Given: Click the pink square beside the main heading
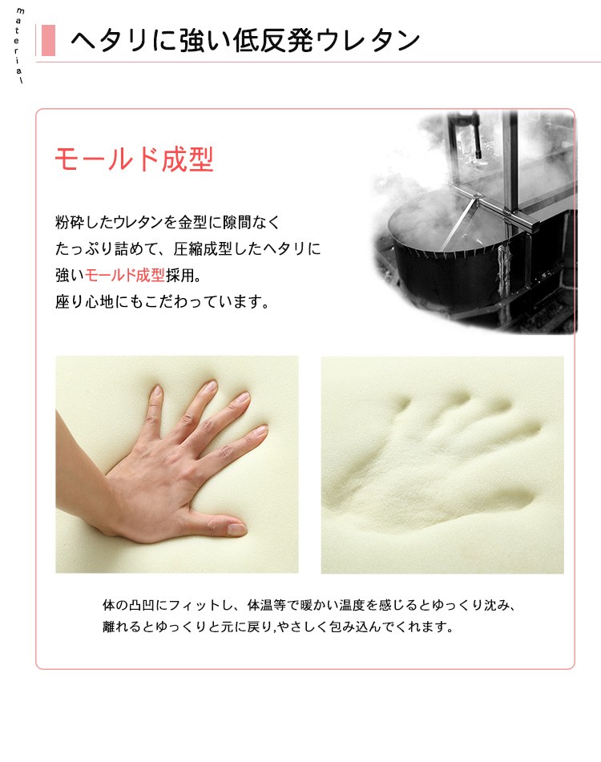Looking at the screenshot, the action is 48,40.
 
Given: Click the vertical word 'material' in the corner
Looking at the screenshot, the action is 19,45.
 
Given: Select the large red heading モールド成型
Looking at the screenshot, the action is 134,159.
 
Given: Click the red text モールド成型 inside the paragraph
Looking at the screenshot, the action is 125,275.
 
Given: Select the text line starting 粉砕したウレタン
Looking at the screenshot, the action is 167,222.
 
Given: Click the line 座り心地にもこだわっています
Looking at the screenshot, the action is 163,302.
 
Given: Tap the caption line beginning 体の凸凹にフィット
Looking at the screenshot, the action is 309,605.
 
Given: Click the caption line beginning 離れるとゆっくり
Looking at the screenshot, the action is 278,627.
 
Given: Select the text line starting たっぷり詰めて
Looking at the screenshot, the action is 188,249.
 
